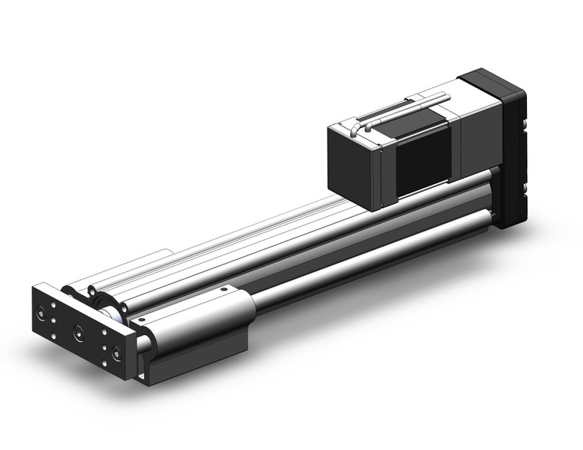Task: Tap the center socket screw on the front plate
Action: [x=77, y=332]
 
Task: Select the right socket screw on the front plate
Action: [x=116, y=353]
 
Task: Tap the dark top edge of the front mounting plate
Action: [x=84, y=304]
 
